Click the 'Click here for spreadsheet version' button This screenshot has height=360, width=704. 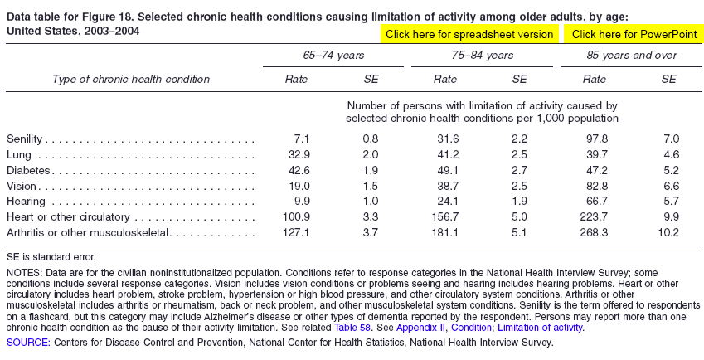(x=469, y=35)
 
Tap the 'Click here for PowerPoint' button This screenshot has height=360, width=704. (x=634, y=35)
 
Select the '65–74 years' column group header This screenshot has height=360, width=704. (x=333, y=56)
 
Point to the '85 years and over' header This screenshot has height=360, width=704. (x=631, y=56)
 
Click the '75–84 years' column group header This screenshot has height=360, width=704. (x=483, y=56)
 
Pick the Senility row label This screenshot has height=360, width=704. (x=24, y=139)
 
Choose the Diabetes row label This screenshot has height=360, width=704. (x=28, y=171)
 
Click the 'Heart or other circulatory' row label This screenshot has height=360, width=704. (x=68, y=217)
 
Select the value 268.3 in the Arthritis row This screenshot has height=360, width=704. (x=594, y=232)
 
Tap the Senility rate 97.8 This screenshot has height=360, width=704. (x=597, y=139)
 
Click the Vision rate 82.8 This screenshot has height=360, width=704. (x=597, y=186)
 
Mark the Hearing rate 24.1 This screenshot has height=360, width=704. (x=448, y=202)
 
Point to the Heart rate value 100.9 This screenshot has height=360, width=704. (x=296, y=217)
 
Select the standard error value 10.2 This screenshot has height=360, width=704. (x=668, y=232)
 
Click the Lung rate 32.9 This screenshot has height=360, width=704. (x=299, y=155)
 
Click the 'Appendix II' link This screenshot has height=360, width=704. (x=421, y=327)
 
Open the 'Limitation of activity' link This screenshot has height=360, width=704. (x=540, y=327)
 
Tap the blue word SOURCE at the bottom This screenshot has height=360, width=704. (x=27, y=343)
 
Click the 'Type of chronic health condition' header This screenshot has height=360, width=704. (x=131, y=80)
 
